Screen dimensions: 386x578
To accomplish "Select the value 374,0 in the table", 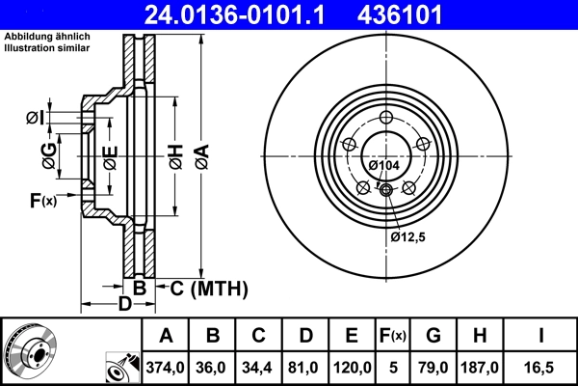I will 166,368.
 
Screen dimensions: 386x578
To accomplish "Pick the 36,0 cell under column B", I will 214,368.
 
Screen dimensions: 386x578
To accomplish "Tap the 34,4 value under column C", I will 259,368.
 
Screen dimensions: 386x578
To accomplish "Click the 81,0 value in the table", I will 305,368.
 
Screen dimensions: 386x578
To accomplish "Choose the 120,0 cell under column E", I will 352,368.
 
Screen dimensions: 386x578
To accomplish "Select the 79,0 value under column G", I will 434,368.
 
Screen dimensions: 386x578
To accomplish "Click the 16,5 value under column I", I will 542,368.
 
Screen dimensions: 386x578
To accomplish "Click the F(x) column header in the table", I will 393,336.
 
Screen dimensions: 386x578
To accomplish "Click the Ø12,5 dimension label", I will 408,236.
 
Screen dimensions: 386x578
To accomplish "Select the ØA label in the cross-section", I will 200,155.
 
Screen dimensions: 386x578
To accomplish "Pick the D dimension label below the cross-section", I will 124,306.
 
